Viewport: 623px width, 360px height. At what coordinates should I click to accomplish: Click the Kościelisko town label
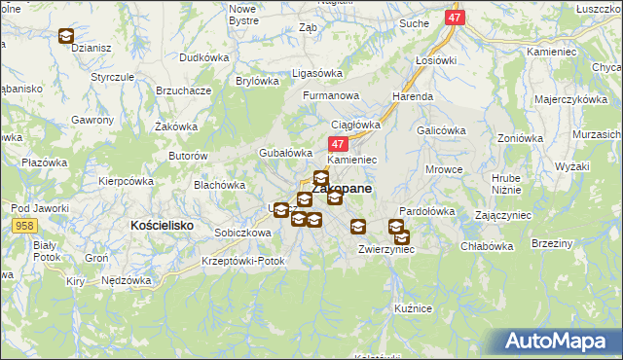click(162, 225)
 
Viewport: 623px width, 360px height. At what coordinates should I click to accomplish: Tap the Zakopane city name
click(342, 189)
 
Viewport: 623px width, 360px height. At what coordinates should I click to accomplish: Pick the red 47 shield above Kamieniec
click(328, 143)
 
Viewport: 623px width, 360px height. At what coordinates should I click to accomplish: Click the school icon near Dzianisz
click(65, 37)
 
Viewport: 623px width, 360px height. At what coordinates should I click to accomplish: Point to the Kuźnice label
click(413, 307)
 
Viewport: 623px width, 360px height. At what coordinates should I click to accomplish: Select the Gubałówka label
click(284, 153)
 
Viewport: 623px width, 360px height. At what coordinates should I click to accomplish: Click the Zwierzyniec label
click(386, 249)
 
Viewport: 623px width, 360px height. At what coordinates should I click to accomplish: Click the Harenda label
click(413, 97)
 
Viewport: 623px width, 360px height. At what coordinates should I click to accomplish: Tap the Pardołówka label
click(428, 211)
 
